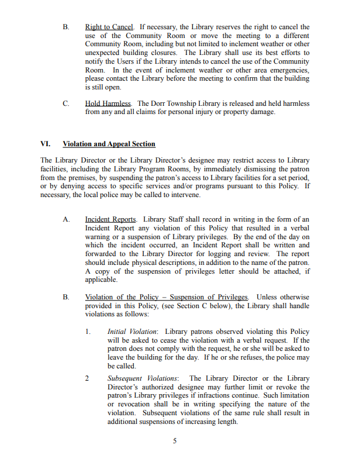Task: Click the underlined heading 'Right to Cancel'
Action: pyautogui.click(x=109, y=27)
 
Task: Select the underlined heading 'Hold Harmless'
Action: pyautogui.click(x=109, y=103)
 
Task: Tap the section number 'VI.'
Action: pyautogui.click(x=46, y=144)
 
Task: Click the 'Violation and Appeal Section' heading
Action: pyautogui.click(x=109, y=144)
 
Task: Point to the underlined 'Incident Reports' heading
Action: pyautogui.click(x=111, y=220)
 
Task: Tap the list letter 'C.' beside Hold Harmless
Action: pyautogui.click(x=66, y=103)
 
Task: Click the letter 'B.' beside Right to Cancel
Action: pyautogui.click(x=66, y=27)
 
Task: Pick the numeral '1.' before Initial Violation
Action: pyautogui.click(x=88, y=332)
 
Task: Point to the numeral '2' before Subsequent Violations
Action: pyautogui.click(x=87, y=378)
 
